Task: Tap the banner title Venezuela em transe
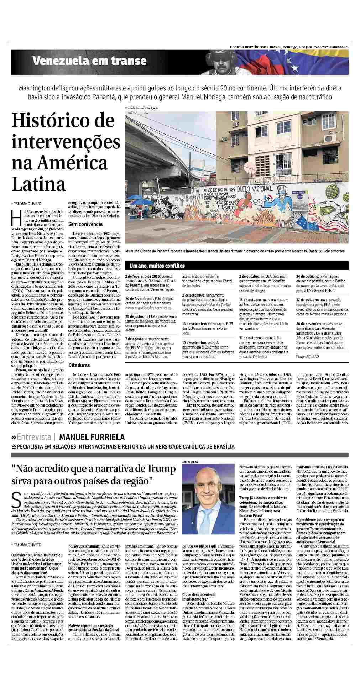(x=89, y=61)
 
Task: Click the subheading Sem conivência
(x=85, y=224)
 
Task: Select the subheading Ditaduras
(x=79, y=365)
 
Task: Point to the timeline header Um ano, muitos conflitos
(x=157, y=266)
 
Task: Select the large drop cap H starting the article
(x=15, y=216)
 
